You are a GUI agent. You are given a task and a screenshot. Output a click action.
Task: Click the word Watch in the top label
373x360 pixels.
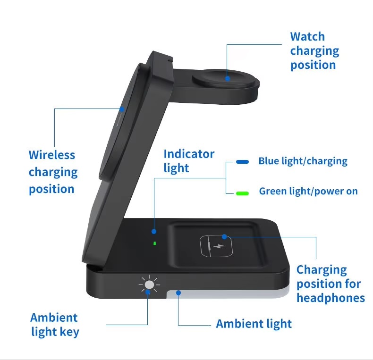(307, 37)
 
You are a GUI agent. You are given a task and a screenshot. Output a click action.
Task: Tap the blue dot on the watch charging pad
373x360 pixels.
(228, 78)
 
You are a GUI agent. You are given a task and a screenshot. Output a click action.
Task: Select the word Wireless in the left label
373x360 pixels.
(52, 155)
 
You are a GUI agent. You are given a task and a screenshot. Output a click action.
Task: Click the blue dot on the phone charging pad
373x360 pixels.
(122, 109)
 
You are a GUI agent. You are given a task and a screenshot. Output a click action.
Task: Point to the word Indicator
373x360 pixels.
(189, 154)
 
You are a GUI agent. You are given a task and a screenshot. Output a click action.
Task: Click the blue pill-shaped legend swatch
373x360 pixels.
(242, 162)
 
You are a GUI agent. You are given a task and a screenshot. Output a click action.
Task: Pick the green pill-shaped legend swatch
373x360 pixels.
(242, 193)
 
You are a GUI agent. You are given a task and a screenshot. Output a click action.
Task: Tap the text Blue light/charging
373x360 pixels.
(303, 161)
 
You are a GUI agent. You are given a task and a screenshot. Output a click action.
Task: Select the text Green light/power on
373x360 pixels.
(308, 191)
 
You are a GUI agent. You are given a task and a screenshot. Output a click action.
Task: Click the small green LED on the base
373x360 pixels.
(154, 243)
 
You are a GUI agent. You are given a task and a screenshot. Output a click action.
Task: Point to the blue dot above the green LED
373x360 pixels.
(154, 231)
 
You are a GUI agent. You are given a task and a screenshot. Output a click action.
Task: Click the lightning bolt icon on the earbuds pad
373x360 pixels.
(219, 246)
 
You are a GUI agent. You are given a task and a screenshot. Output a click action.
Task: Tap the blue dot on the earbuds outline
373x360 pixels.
(224, 236)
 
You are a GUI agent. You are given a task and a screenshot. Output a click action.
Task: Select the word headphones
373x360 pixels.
(331, 298)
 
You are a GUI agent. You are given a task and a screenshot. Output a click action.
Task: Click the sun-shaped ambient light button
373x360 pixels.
(149, 285)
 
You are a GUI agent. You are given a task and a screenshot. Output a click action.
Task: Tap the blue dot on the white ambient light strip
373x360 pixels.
(178, 293)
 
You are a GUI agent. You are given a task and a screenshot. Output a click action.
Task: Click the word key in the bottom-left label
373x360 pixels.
(69, 332)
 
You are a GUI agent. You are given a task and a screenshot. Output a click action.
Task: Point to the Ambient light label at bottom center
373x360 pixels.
(254, 324)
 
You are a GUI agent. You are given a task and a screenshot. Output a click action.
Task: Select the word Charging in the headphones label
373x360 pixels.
(322, 270)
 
